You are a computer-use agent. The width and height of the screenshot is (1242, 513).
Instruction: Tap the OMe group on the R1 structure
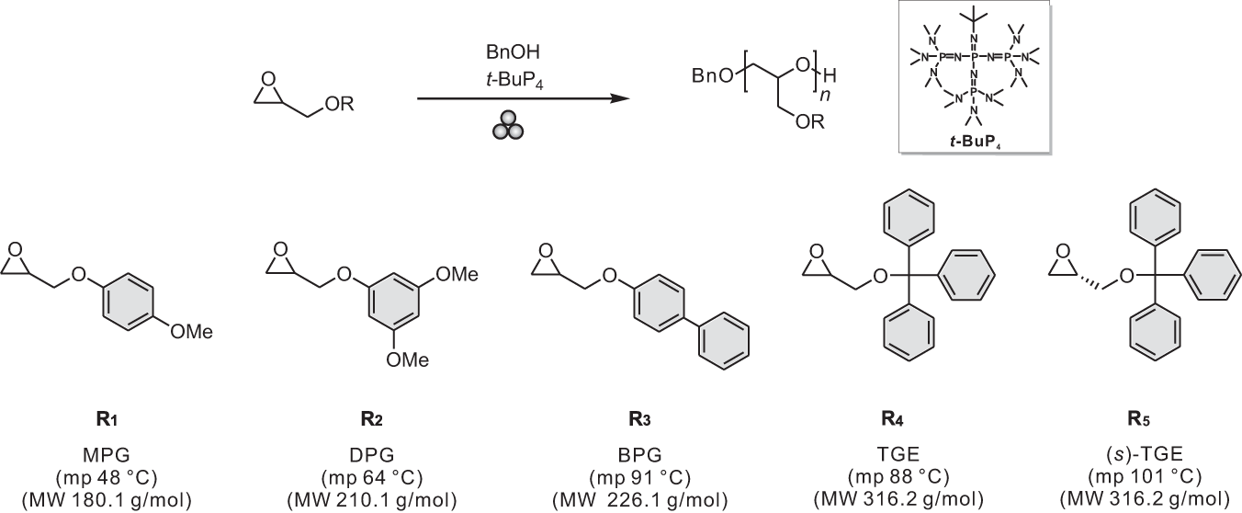(192, 332)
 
